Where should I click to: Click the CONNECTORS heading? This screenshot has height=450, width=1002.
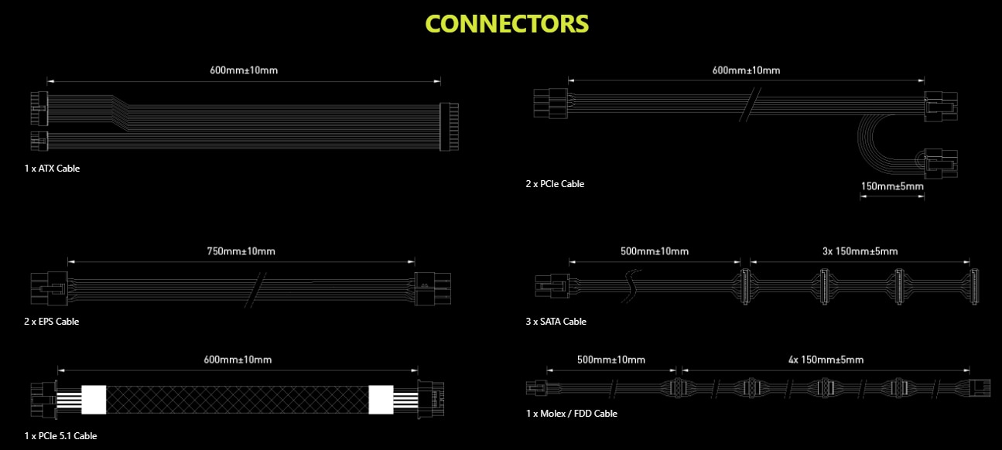507,24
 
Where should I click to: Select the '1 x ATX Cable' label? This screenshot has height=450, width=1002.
52,168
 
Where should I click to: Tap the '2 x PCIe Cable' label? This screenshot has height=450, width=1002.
555,184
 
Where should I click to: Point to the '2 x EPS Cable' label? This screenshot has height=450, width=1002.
51,321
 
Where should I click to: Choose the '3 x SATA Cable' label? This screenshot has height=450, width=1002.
556,321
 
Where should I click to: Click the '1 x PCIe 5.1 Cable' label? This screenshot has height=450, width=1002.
60,435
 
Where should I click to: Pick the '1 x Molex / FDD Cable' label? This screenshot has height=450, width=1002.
571,414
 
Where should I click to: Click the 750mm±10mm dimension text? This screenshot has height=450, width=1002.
241,251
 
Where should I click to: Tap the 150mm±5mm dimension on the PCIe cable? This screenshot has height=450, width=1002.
891,186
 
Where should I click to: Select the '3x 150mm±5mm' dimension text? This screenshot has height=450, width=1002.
860,251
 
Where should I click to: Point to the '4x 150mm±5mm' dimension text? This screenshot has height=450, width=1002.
826,360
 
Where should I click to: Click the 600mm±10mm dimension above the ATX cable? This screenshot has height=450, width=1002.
244,70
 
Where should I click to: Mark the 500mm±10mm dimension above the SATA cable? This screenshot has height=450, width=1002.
655,251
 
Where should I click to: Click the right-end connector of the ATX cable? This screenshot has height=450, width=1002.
449,126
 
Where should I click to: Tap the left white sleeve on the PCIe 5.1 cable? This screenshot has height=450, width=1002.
93,399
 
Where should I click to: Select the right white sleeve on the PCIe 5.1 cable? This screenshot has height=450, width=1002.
381,399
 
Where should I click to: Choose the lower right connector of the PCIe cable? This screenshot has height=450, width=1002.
940,165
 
